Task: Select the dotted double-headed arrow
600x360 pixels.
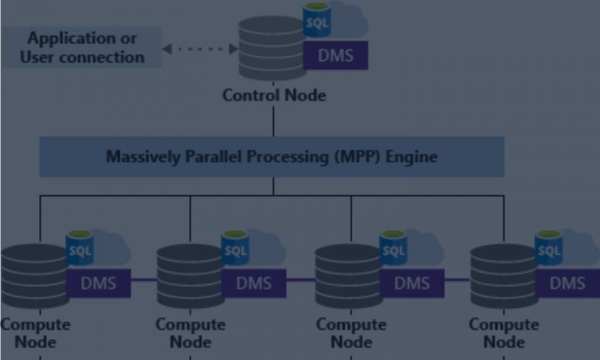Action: pos(199,49)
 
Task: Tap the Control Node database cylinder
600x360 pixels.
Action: pos(271,49)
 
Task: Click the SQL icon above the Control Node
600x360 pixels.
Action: pos(317,22)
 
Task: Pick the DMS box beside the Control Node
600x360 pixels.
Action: pos(335,55)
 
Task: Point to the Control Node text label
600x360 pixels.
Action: pos(274,95)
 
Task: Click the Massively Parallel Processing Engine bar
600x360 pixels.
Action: pos(271,157)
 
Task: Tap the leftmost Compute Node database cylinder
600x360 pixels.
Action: pos(34,276)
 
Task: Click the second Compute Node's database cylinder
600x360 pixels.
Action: pos(190,276)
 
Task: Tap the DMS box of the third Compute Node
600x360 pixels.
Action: pos(412,283)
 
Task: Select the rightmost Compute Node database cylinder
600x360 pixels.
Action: pos(503,276)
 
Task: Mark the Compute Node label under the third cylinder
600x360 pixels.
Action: pos(350,333)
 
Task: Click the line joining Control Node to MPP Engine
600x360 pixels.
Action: pos(273,120)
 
